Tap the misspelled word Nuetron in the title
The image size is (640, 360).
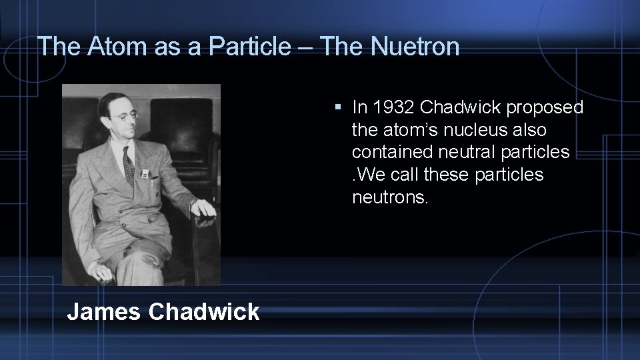pos(415,46)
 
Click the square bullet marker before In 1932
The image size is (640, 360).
pos(339,107)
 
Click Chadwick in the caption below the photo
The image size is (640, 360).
pos(204,311)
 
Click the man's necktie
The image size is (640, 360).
pos(129,164)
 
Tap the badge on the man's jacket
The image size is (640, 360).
pos(145,174)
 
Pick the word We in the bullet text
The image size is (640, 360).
pos(369,175)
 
